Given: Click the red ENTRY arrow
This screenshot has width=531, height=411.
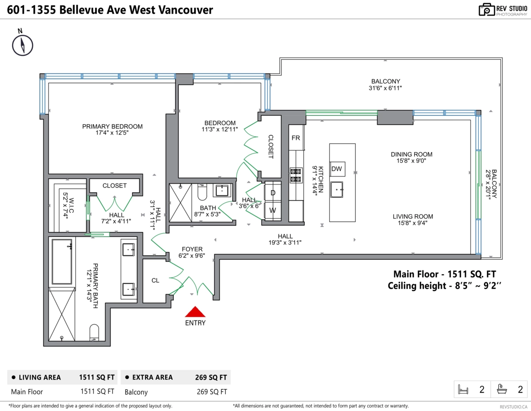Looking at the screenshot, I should coord(195,311).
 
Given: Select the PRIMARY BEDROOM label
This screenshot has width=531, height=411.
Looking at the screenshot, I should coord(112,127).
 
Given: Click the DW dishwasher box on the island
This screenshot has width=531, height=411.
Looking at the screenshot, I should coord(337,169).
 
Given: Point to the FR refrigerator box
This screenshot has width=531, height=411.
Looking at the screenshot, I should coord(296,138).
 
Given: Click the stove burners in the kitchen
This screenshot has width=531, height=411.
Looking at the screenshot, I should coord(296,175).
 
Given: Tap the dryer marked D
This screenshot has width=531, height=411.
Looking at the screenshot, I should coord(273,192).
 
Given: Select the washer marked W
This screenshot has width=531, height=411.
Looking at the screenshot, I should coord(273,210).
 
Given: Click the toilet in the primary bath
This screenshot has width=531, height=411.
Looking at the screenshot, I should coord(94,333).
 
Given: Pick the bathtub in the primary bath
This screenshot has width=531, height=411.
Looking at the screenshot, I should coord(62,262).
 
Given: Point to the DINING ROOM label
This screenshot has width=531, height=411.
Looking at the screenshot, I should coord(412,154).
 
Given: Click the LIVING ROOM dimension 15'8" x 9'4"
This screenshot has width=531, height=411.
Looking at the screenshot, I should coord(413,223).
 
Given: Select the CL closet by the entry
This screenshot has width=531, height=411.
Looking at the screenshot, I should coord(155,280).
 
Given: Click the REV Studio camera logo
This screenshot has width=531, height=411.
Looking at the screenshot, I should coord(487,10).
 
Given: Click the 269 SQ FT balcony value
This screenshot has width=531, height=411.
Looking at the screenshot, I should coord(212,392).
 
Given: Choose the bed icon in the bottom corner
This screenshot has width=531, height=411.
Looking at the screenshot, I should coord(463,389).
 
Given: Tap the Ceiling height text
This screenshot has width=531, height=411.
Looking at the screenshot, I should coord(444,285).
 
